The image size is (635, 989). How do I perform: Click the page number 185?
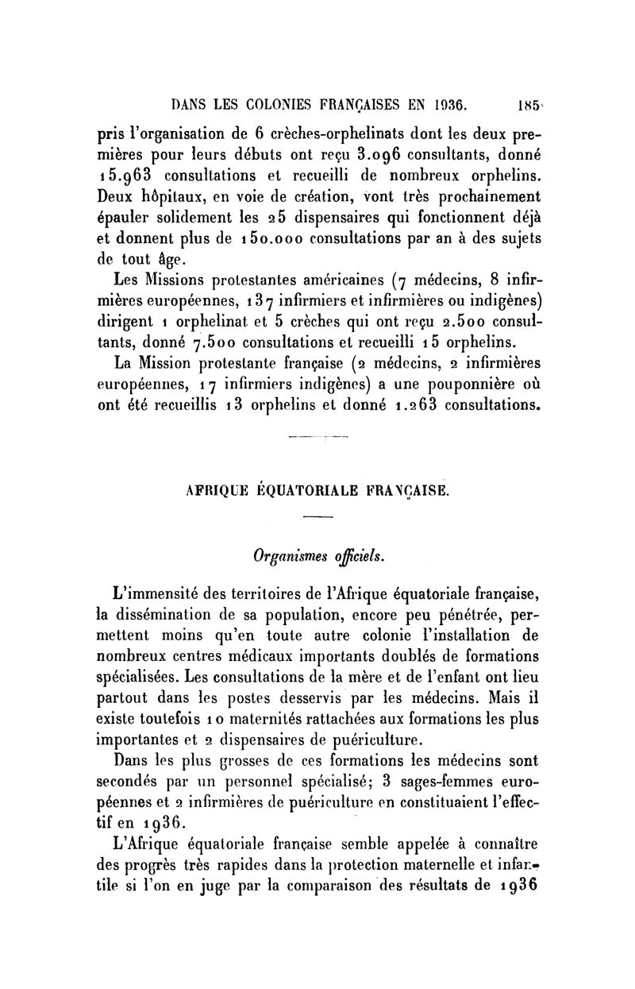(x=526, y=102)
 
